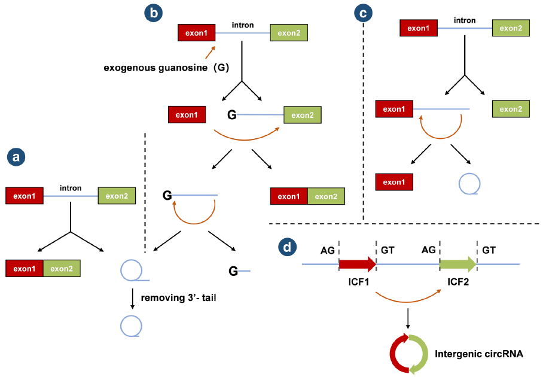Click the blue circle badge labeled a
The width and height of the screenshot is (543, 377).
[x=16, y=157]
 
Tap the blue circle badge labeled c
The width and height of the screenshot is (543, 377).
[x=363, y=12]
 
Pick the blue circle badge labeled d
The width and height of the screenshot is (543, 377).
[x=288, y=246]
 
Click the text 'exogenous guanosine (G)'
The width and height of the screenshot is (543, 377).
[x=166, y=67]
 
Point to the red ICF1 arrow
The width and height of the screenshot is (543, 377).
[x=357, y=264]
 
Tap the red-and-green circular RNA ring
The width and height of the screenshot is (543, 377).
[x=409, y=354]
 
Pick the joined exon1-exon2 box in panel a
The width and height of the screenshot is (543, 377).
[x=42, y=269]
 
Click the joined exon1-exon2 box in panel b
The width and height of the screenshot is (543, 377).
[x=307, y=196]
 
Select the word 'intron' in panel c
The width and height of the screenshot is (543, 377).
[x=465, y=20]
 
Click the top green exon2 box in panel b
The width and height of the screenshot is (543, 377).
[x=289, y=32]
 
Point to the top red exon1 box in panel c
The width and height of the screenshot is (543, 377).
[x=417, y=28]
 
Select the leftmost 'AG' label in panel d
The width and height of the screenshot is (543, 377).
[x=327, y=249]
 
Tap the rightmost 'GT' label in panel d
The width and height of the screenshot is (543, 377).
[x=489, y=249]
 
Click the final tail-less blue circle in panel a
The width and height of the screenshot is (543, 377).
[x=132, y=327]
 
